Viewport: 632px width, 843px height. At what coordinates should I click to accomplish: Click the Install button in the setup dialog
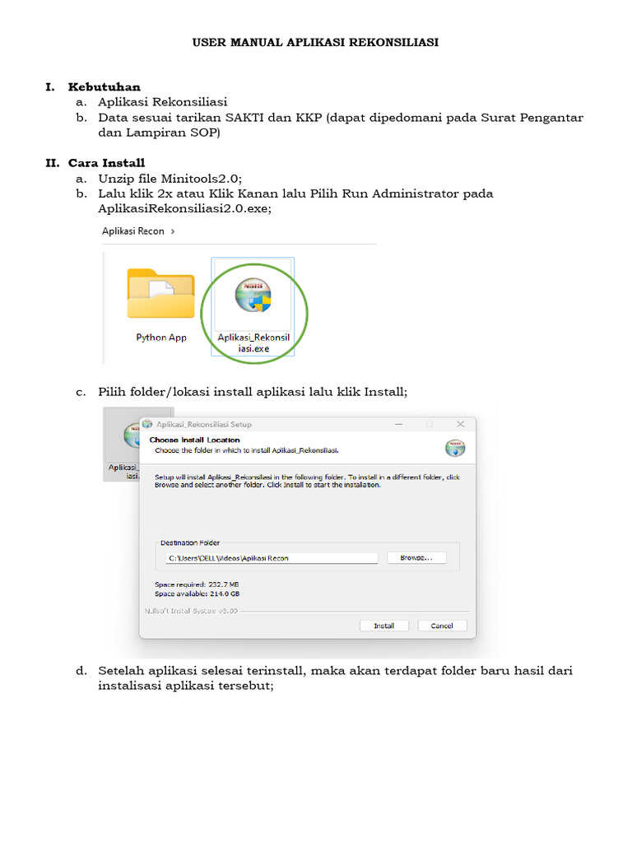pos(384,626)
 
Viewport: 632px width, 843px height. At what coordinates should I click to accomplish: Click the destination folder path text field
pos(272,558)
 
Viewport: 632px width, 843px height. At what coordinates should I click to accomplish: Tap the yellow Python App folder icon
pos(160,294)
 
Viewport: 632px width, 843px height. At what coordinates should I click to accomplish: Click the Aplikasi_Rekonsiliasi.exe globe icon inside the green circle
pos(253,298)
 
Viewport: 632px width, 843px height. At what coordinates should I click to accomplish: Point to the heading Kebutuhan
pos(104,86)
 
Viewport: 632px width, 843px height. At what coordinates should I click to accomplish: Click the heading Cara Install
pos(106,163)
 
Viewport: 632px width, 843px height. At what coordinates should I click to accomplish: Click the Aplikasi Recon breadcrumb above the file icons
pos(133,231)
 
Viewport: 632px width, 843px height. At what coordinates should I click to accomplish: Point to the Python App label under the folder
pos(160,338)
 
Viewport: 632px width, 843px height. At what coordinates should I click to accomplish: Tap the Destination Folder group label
pos(190,543)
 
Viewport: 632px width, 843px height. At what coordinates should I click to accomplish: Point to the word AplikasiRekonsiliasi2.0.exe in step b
pos(184,208)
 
